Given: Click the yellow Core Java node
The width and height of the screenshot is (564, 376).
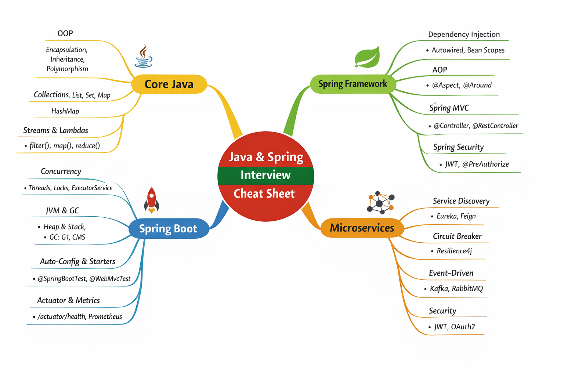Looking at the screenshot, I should (x=169, y=84).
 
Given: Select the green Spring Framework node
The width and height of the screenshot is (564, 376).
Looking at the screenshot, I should (x=352, y=84).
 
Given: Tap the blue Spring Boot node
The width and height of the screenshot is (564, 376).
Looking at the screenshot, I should (x=168, y=229).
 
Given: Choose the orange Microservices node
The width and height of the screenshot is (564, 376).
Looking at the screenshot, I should (x=362, y=228).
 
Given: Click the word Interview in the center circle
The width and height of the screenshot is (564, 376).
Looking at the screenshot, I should (x=265, y=175).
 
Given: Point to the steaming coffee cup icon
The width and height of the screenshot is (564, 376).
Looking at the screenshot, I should (x=143, y=57).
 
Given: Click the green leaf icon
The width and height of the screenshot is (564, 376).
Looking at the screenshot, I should (x=367, y=57).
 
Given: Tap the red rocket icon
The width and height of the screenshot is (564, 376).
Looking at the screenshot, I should (x=152, y=200).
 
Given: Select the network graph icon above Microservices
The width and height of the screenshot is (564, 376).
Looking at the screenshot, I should (x=380, y=202).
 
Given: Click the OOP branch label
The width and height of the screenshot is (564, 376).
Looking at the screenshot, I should (x=65, y=33).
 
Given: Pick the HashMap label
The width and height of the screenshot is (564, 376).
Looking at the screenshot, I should (x=65, y=111).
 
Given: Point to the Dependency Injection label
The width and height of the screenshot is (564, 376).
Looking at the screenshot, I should (x=464, y=35).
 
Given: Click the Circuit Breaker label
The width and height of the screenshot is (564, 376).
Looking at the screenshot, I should (x=457, y=236).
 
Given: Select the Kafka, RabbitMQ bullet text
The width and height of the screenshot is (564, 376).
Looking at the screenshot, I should (x=456, y=289).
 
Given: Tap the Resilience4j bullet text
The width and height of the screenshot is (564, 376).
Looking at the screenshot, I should (x=454, y=251).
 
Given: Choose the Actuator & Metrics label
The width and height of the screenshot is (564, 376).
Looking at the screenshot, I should (x=68, y=300).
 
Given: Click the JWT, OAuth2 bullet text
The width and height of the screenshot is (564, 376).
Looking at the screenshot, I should (x=454, y=327).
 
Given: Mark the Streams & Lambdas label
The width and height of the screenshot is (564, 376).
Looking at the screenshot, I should (x=55, y=130).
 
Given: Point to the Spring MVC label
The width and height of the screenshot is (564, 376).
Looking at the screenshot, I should (x=449, y=108).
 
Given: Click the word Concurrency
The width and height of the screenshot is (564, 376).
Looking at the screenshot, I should (x=61, y=171).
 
